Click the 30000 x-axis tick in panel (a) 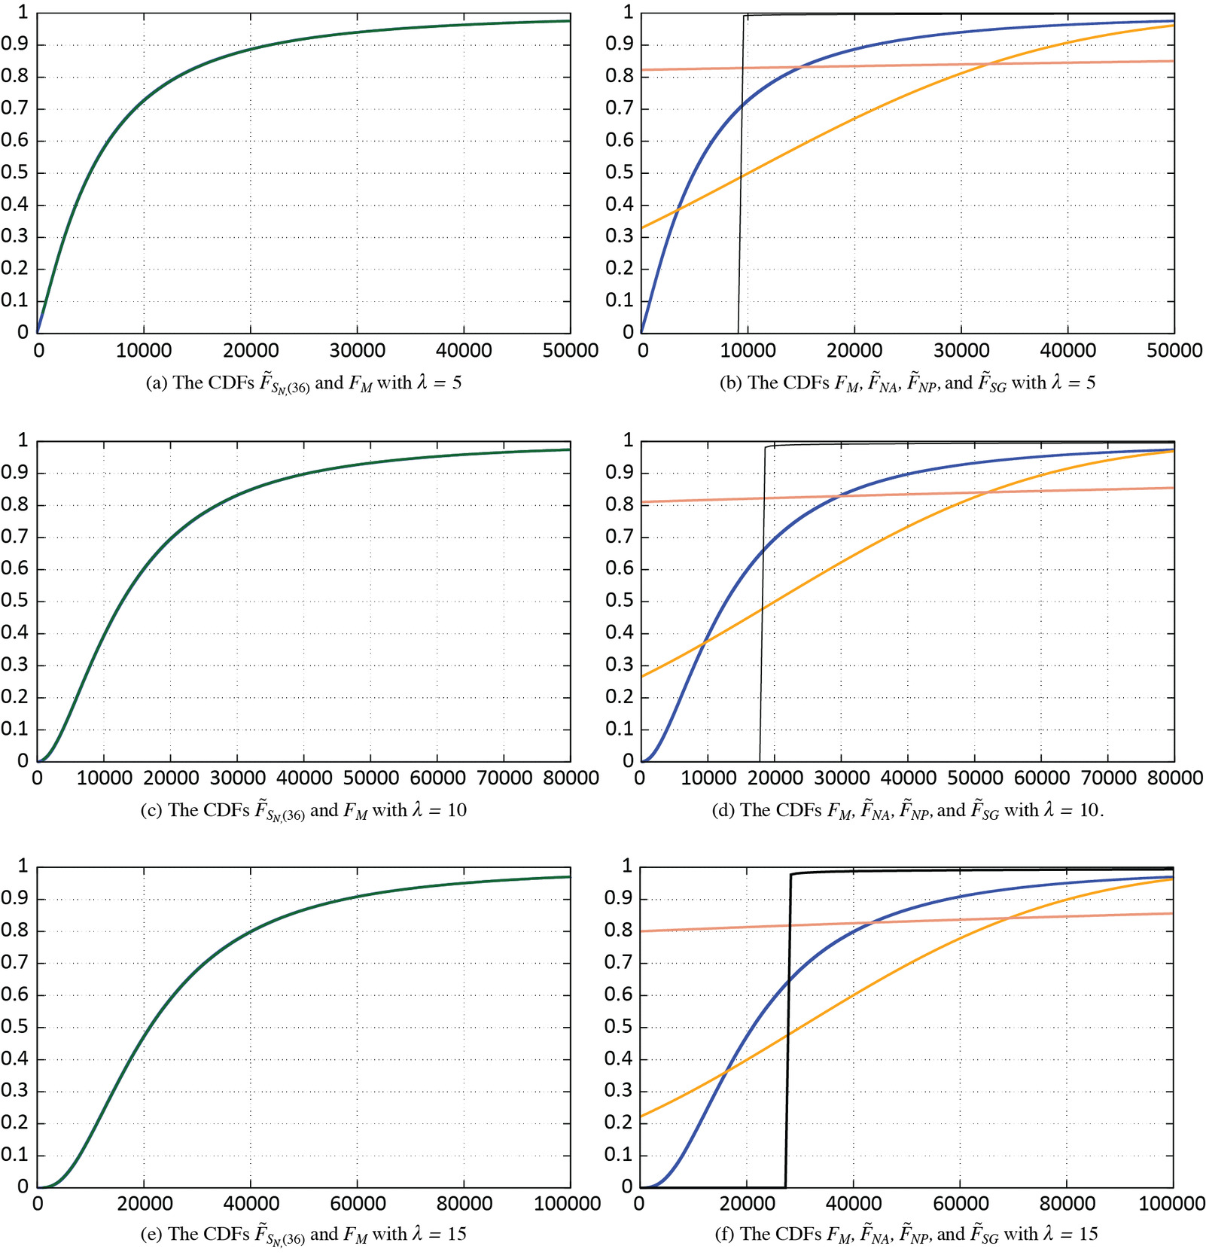pos(357,350)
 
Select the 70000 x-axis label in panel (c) pos(504,778)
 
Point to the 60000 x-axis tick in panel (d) pos(1041,778)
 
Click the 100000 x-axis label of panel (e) pos(567,1204)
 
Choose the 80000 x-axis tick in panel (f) pos(1067,1204)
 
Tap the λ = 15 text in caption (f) pos(1067,1234)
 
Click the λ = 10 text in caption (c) pos(439,810)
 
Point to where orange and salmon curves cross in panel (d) pos(986,492)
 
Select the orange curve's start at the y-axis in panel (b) pos(642,227)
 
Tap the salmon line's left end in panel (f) pos(642,931)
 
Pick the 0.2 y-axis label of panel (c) pos(15,696)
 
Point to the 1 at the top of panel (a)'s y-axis pos(23,13)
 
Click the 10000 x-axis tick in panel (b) pos(748,350)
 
